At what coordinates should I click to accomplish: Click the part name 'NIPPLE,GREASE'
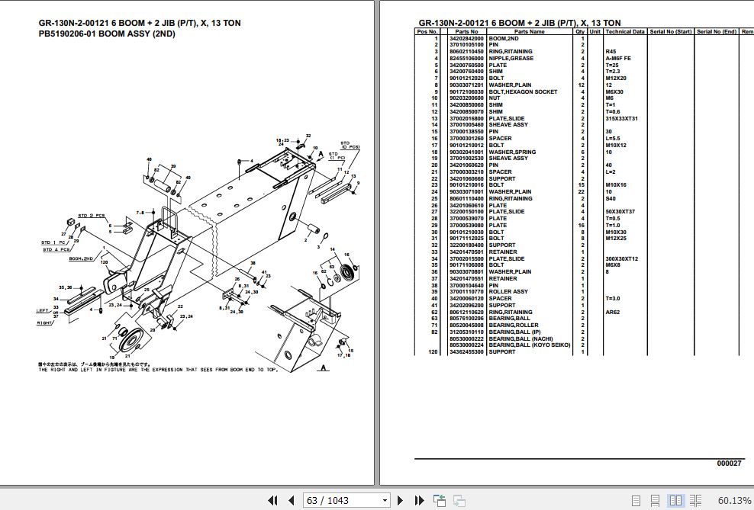click(x=511, y=59)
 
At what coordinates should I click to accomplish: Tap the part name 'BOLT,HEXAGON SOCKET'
click(x=523, y=92)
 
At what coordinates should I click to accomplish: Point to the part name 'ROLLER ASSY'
click(x=508, y=292)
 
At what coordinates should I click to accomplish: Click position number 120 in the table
click(x=433, y=352)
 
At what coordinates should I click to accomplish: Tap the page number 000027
click(x=728, y=463)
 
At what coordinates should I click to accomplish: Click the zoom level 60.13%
click(x=733, y=500)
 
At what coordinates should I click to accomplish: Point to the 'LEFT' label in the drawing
click(x=43, y=310)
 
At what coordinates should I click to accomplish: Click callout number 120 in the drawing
click(x=104, y=262)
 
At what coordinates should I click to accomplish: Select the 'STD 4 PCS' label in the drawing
click(x=56, y=249)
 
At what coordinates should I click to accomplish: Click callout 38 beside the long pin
click(x=251, y=262)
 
